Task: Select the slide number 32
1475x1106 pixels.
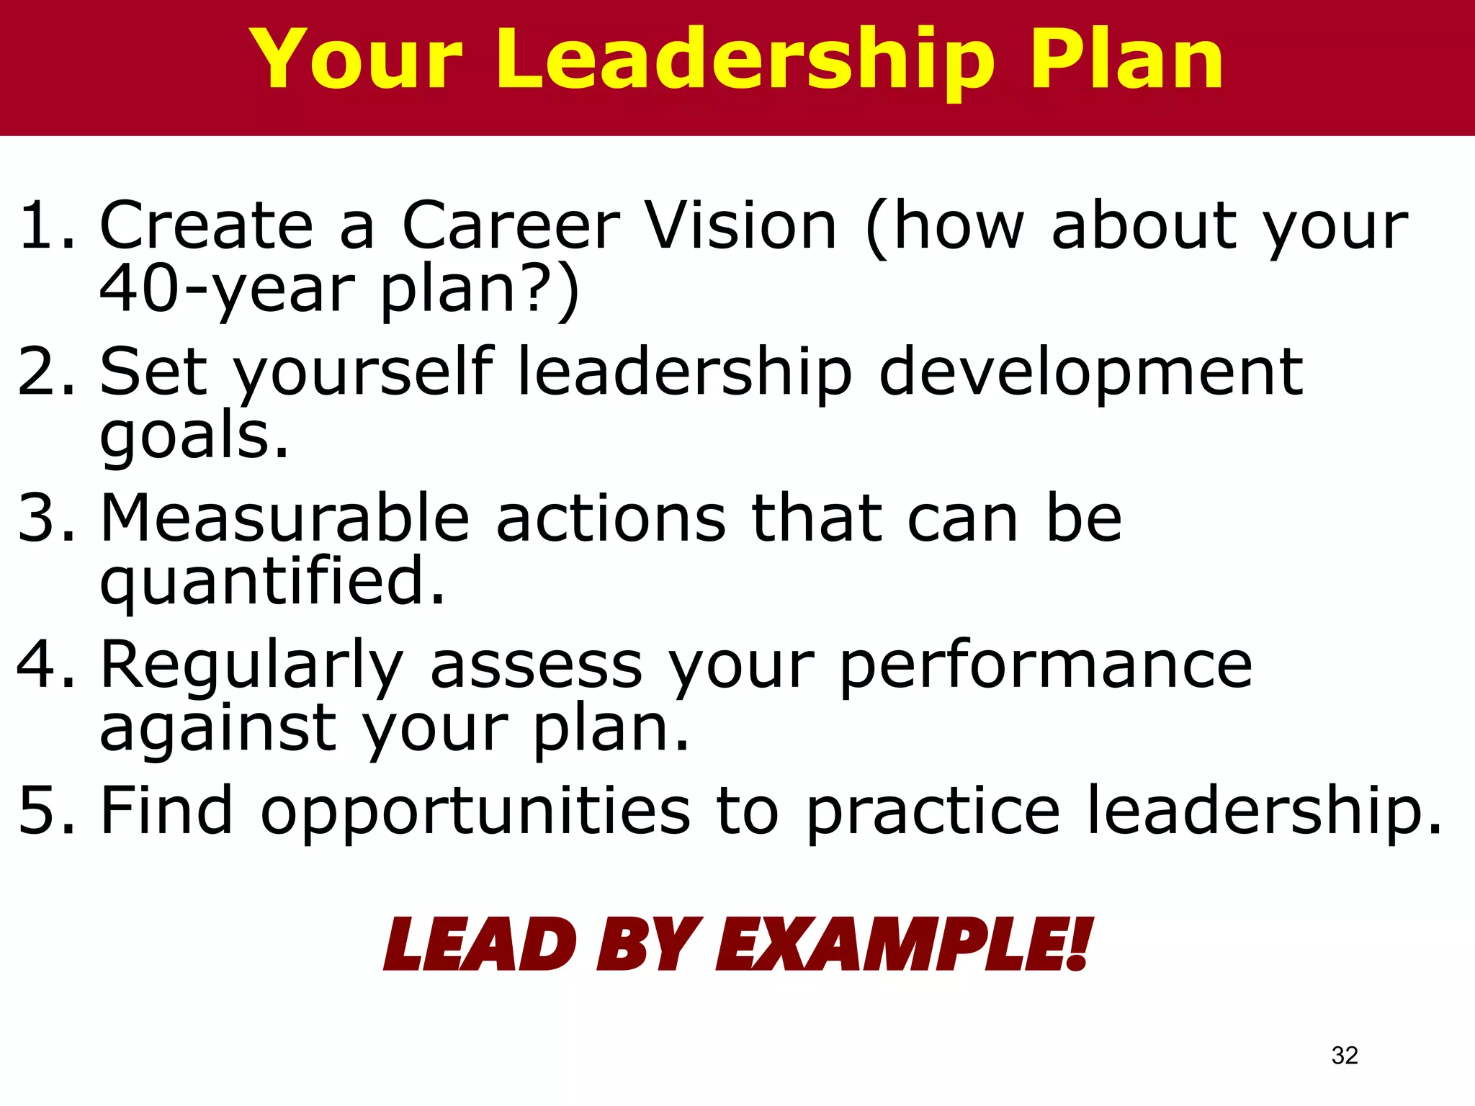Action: [1345, 1055]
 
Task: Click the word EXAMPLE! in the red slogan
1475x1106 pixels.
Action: [904, 945]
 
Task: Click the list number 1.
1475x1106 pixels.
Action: [43, 226]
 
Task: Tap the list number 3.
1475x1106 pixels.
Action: [43, 518]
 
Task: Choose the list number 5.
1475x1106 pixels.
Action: [43, 811]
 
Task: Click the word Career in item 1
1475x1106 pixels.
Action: [511, 226]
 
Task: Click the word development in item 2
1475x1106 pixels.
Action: [1091, 373]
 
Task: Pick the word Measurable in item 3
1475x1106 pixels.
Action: [284, 518]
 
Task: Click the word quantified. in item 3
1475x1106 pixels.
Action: [272, 582]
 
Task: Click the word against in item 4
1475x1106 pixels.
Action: [218, 729]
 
